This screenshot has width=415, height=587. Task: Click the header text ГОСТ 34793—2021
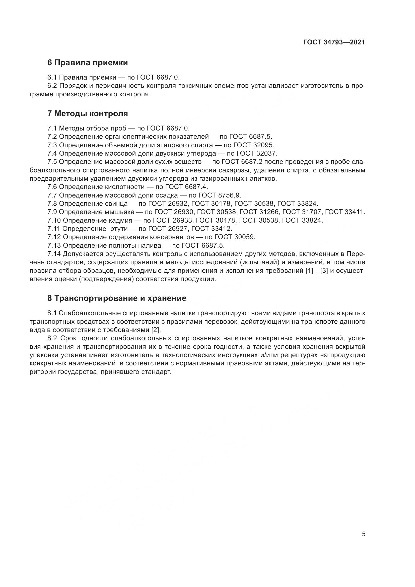point(334,42)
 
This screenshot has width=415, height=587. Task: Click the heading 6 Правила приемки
point(88,62)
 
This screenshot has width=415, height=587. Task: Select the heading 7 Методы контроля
point(88,113)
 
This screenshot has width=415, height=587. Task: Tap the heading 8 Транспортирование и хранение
point(117,298)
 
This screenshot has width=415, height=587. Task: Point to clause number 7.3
point(52,145)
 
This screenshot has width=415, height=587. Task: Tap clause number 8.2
point(52,338)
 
